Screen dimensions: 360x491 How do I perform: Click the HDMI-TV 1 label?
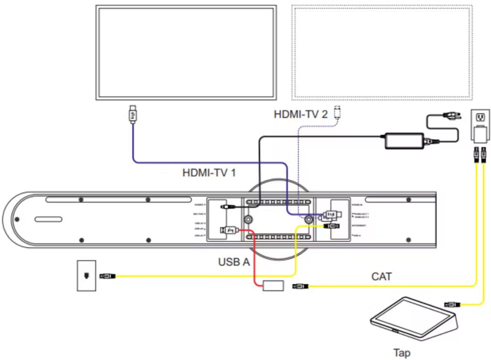pos(209,173)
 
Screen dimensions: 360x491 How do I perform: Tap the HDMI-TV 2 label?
pos(300,114)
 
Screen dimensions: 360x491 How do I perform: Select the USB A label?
pos(234,262)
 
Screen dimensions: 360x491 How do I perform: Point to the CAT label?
pos(382,277)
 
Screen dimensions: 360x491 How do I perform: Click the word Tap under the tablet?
pos(402,353)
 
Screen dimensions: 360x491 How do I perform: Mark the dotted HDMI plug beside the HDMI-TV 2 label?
pos(337,112)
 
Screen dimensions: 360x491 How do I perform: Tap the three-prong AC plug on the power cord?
pos(451,117)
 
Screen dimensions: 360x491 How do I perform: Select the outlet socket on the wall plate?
pos(480,118)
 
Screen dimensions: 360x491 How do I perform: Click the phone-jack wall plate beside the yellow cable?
pos(86,276)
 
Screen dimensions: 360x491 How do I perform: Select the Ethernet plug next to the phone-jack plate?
pos(108,276)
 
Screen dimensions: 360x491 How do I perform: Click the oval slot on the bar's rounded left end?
pos(48,220)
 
